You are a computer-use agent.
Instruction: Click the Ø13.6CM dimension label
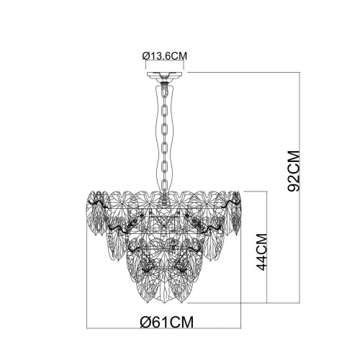coord(165,56)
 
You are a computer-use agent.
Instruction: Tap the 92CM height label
coord(294,171)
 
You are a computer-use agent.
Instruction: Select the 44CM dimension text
coord(261,252)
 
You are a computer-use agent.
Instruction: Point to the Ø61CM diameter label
coord(166,322)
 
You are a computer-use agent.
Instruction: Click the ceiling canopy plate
coord(165,74)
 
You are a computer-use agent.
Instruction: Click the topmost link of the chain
coord(165,91)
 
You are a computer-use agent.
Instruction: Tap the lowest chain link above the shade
coord(165,184)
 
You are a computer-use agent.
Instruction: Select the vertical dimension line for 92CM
coord(300,187)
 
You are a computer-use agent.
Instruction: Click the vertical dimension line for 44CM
coord(266,247)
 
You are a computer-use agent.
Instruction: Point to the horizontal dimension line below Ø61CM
coord(163,328)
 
